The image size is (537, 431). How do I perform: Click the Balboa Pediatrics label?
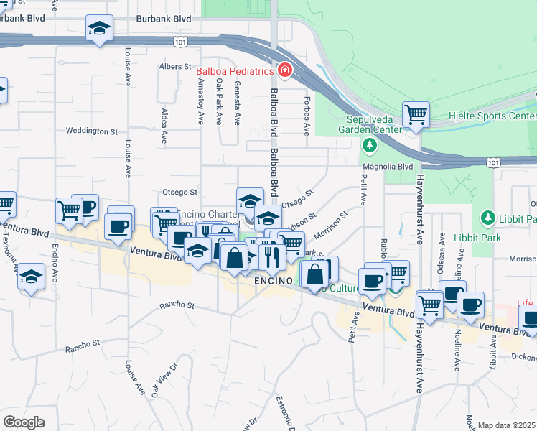click(x=235, y=72)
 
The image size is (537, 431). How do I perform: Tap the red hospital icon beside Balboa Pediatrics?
click(x=284, y=70)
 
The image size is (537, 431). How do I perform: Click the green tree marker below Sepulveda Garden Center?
click(x=370, y=146)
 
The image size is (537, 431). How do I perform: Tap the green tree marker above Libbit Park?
click(x=487, y=217)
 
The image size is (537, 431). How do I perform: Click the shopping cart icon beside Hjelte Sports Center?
click(x=416, y=114)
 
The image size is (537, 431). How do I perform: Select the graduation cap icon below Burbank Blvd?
click(x=100, y=29)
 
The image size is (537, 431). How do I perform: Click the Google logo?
click(x=24, y=422)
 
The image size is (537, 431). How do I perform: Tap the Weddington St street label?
click(x=91, y=131)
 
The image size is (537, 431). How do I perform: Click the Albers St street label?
click(x=174, y=66)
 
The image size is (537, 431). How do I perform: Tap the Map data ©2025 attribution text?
click(x=507, y=426)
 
